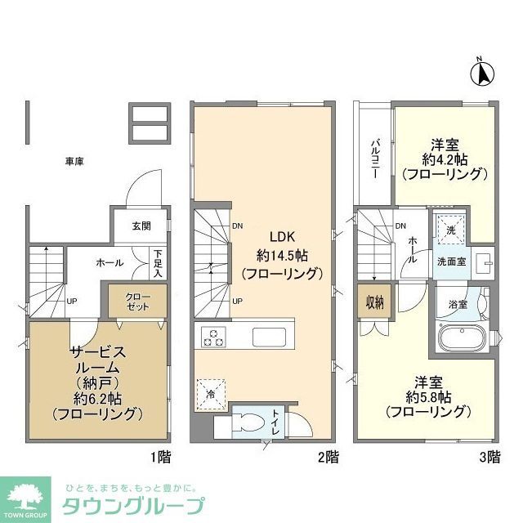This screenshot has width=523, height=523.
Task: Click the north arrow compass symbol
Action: point(482,73)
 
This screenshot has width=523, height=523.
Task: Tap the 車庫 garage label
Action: point(74,161)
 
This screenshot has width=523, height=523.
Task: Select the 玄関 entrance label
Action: point(141,226)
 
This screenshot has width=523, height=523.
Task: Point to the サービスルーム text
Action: point(96,357)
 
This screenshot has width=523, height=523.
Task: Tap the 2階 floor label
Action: point(326,458)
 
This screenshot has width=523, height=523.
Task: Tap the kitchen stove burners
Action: point(213,337)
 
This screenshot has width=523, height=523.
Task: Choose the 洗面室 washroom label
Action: point(450,262)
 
